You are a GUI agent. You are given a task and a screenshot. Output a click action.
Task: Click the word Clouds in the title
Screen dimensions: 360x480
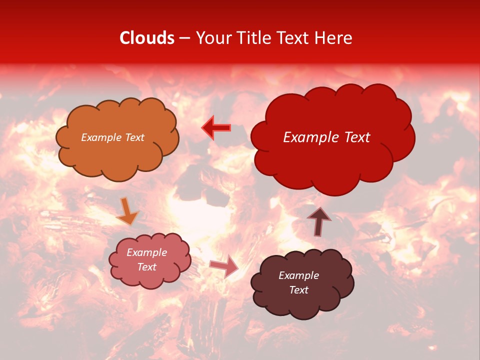coord(147,38)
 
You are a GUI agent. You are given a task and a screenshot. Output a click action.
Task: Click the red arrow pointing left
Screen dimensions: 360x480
coord(216,128)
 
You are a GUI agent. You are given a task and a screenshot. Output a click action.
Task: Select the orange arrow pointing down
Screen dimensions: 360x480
coord(127,211)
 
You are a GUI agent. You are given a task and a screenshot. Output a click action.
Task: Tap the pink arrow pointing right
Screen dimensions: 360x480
coord(224,265)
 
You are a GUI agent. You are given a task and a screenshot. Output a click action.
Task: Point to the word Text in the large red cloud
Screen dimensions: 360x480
coord(355,137)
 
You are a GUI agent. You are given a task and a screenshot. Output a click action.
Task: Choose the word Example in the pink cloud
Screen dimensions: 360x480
coord(147,252)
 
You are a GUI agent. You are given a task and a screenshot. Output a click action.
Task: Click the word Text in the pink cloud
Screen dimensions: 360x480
coord(147,267)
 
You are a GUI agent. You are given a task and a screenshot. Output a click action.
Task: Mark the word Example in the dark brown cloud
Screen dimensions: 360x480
coord(298,275)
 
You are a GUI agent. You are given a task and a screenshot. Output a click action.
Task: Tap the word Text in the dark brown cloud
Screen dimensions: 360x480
coord(298,290)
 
